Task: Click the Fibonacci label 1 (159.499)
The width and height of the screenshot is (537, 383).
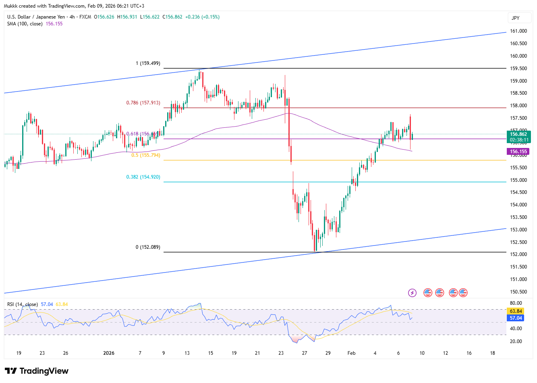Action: click(x=148, y=63)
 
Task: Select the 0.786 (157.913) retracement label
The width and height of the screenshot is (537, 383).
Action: click(x=143, y=103)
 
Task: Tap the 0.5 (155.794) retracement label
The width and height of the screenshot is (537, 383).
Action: click(x=145, y=155)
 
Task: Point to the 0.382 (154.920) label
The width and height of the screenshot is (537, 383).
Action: click(x=143, y=177)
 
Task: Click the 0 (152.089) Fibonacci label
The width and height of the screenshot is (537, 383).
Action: click(x=147, y=247)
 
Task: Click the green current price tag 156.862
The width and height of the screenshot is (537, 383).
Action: click(x=518, y=135)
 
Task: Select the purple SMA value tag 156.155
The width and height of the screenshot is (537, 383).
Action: click(x=518, y=152)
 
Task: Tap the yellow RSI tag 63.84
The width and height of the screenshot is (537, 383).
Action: click(x=516, y=311)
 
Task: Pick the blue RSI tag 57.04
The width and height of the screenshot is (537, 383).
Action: click(x=516, y=318)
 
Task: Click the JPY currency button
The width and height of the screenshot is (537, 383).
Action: click(x=516, y=18)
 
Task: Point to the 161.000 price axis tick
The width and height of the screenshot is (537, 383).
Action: click(x=518, y=31)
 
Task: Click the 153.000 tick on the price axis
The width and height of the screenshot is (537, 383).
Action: click(x=518, y=230)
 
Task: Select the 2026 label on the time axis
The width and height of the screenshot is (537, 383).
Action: click(x=109, y=353)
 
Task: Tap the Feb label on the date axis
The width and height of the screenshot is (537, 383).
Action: click(x=351, y=353)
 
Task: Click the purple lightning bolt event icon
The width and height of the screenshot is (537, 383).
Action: click(x=412, y=293)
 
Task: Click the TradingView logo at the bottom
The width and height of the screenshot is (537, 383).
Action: click(x=37, y=371)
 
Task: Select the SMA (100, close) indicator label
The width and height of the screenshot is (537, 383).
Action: click(x=25, y=24)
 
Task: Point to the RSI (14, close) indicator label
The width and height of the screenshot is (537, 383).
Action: click(x=23, y=304)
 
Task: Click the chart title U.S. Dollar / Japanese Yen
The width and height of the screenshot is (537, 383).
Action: click(x=36, y=17)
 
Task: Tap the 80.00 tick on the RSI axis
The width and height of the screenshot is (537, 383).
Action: click(x=516, y=303)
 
